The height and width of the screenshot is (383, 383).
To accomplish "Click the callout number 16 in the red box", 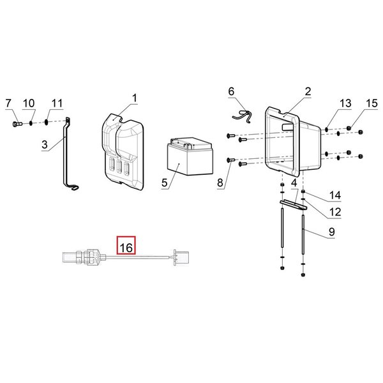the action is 126,248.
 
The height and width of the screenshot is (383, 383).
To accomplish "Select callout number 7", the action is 8,103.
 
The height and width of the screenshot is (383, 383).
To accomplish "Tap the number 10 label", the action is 29,103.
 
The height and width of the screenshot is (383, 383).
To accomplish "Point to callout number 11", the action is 57,103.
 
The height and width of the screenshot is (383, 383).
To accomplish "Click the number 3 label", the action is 45,145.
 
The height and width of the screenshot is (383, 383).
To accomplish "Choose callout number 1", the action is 135,98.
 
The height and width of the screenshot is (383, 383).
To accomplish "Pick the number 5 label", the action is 165,183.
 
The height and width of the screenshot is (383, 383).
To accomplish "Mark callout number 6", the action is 231,91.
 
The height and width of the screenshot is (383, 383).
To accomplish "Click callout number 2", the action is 308,91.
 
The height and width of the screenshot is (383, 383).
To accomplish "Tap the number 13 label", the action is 345,103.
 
